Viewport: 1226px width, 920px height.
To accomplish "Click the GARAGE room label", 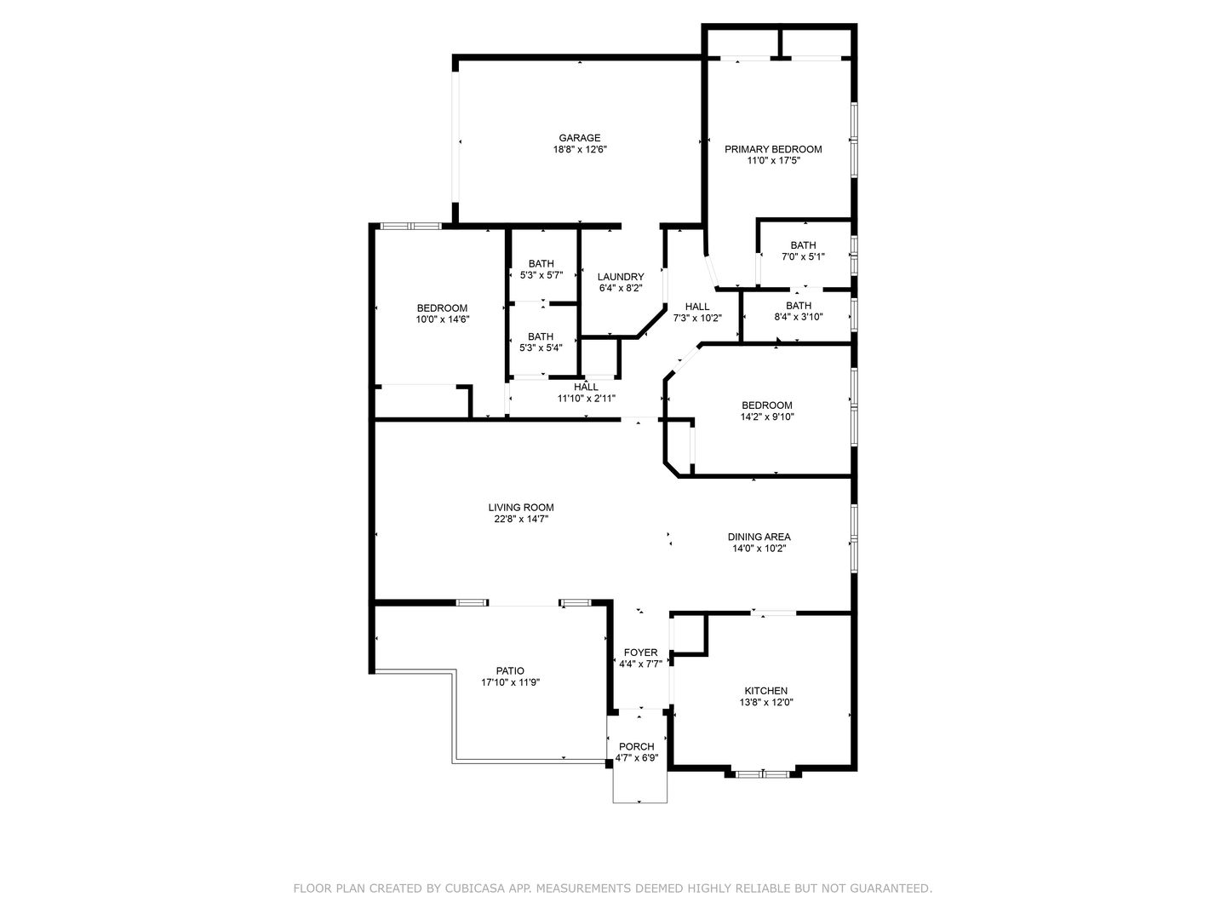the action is tap(579, 137).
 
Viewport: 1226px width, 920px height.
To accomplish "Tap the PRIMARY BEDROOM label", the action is tap(772, 149).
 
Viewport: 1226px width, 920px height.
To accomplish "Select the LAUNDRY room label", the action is tap(620, 277).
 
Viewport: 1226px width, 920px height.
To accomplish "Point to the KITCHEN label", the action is tap(765, 690).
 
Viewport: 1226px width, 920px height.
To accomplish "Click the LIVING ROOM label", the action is tap(520, 507).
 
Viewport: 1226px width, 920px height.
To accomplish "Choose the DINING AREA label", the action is tap(759, 537).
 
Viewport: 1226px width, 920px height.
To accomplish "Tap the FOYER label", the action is tap(640, 653).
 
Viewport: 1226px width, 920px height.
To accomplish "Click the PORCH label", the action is tap(636, 746).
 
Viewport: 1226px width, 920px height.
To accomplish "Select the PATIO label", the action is tap(509, 671).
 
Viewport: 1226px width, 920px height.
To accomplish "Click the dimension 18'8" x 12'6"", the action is tap(579, 150).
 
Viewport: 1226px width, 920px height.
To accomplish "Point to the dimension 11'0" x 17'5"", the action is tap(773, 161).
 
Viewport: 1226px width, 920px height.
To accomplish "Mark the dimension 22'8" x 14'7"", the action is tap(520, 519).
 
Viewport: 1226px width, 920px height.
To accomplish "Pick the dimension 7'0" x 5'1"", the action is tap(803, 257).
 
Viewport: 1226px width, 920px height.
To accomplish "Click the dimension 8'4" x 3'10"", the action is tap(798, 317).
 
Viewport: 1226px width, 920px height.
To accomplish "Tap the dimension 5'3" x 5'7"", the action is tap(541, 275).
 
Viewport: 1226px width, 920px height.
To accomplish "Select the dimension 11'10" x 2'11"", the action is tap(586, 399).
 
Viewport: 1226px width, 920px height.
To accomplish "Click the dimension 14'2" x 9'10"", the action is tap(766, 417).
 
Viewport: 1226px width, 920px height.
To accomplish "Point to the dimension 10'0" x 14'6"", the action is tap(442, 319).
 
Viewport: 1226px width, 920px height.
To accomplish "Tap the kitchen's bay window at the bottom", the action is tap(762, 774).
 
